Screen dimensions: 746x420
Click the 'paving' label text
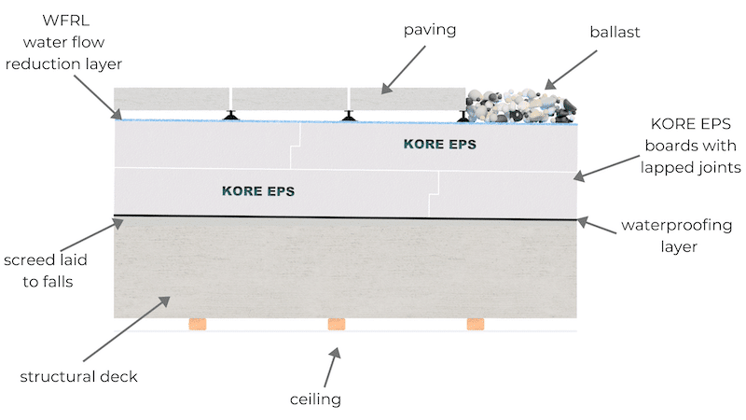click(430, 30)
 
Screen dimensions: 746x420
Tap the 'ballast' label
click(615, 32)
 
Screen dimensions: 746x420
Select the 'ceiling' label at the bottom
click(315, 399)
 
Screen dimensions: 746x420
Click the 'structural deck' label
click(78, 377)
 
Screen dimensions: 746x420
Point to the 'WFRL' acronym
click(65, 21)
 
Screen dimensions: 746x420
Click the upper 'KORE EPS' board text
click(439, 145)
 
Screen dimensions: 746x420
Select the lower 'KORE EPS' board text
click(258, 191)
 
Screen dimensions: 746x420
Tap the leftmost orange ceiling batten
click(198, 324)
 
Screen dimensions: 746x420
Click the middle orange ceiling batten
click(337, 324)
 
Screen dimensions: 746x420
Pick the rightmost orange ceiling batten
click(476, 324)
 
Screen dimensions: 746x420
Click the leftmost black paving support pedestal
click(231, 115)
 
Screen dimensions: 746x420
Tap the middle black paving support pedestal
click(349, 116)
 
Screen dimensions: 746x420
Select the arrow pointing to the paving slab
click(404, 69)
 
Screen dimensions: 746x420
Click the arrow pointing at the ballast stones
click(571, 69)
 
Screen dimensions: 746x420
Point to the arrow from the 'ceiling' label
click(333, 367)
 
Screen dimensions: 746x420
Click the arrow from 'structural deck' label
click(127, 329)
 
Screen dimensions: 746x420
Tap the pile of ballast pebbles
click(521, 105)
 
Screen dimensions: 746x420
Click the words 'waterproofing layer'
click(677, 236)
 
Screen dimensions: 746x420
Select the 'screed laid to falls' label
click(46, 271)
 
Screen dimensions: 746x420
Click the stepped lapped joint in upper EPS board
click(296, 146)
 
